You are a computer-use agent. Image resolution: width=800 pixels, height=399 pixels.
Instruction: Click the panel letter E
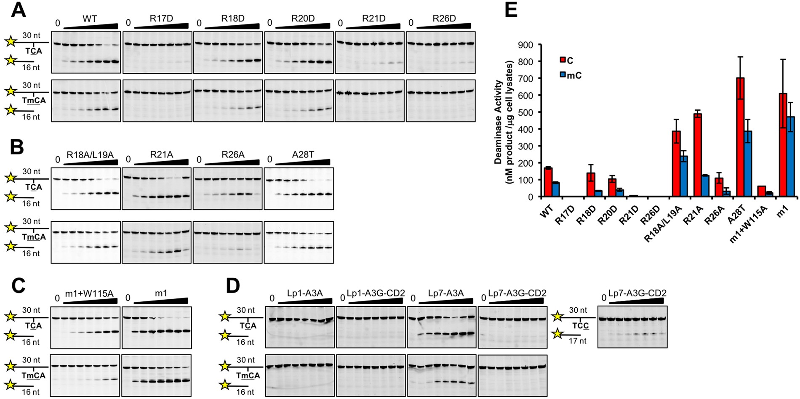510,10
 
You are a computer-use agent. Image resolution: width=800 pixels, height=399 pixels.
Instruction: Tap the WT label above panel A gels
90,19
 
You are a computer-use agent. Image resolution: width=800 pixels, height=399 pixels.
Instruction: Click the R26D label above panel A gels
444,19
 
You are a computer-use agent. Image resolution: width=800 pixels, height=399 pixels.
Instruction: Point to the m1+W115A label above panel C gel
90,293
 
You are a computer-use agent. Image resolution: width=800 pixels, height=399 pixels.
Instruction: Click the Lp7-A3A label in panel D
445,293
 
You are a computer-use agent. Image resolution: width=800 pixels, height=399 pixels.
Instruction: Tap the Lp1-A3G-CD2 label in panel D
375,293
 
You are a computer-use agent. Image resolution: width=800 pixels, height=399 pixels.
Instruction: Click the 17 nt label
577,341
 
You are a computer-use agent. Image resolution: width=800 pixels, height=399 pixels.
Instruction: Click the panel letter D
233,286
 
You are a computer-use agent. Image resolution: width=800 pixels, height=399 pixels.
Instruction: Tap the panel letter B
17,147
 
